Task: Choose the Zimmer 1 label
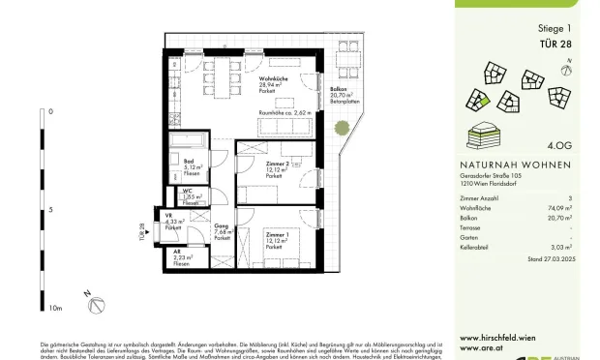coord(277,237)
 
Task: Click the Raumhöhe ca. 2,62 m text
coord(286,114)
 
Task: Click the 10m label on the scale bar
coord(55,307)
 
